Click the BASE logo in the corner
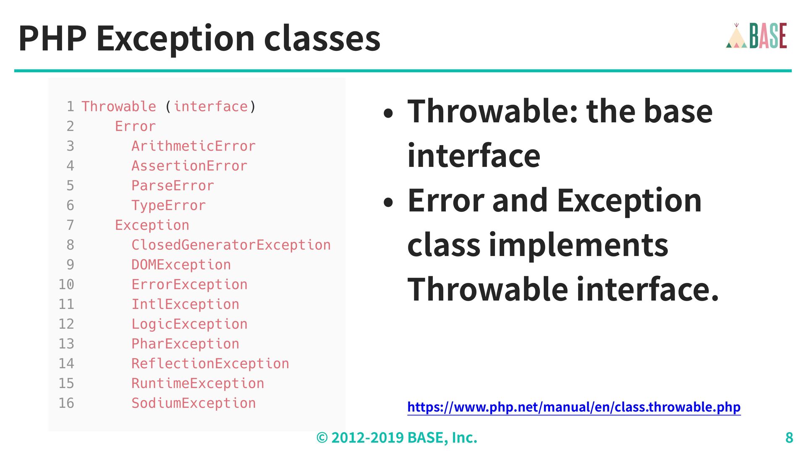click(x=756, y=36)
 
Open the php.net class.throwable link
click(x=574, y=407)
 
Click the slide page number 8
click(x=789, y=438)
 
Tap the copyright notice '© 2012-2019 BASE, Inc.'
click(x=397, y=438)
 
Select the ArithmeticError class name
click(x=194, y=146)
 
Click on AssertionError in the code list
click(x=189, y=166)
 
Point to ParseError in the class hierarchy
click(x=173, y=185)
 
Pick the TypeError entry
click(x=168, y=206)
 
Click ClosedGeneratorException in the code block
click(x=231, y=245)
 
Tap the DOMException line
click(x=181, y=265)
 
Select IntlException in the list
click(x=185, y=304)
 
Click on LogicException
click(x=189, y=324)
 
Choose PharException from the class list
click(x=185, y=344)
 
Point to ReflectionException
click(x=210, y=364)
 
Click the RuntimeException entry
click(x=198, y=383)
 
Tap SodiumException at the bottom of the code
click(x=194, y=403)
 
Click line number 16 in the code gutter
click(x=66, y=403)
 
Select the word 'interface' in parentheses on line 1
click(x=210, y=106)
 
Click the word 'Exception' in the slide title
click(x=175, y=39)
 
